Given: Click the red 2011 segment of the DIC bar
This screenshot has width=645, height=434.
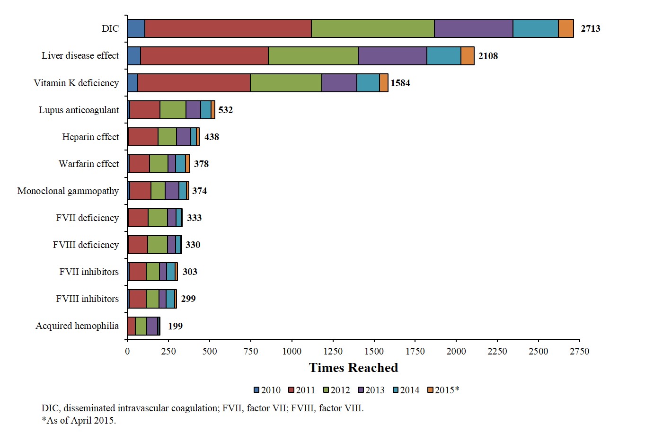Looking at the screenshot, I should click(x=228, y=28).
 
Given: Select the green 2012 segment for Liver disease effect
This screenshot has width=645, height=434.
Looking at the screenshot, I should click(x=313, y=56).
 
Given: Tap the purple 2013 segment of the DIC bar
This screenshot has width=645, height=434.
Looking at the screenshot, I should click(x=473, y=28).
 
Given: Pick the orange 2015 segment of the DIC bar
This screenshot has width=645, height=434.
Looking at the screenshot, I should click(x=565, y=28).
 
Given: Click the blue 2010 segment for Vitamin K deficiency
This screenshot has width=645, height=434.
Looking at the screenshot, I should click(x=133, y=83).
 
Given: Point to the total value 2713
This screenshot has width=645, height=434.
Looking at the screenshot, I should click(x=591, y=28).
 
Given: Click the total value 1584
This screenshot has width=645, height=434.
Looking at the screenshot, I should click(x=400, y=83).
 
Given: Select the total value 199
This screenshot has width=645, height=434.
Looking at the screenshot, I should click(x=175, y=326).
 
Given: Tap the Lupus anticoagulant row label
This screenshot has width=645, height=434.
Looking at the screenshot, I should click(x=79, y=110).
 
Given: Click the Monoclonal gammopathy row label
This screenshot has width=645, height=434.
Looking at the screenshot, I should click(x=68, y=191).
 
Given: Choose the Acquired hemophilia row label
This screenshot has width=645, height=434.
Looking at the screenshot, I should click(x=77, y=326).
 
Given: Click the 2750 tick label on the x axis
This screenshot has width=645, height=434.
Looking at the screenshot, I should click(x=579, y=351).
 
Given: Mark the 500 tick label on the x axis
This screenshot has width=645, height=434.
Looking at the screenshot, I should click(x=210, y=351).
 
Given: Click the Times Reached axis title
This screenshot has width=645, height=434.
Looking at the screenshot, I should click(x=353, y=368).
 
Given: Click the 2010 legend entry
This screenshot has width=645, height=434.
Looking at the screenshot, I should click(x=267, y=390).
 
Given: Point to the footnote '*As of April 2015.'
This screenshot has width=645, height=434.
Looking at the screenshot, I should click(x=79, y=420).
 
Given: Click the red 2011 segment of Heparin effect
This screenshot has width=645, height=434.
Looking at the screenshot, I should click(x=143, y=137).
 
